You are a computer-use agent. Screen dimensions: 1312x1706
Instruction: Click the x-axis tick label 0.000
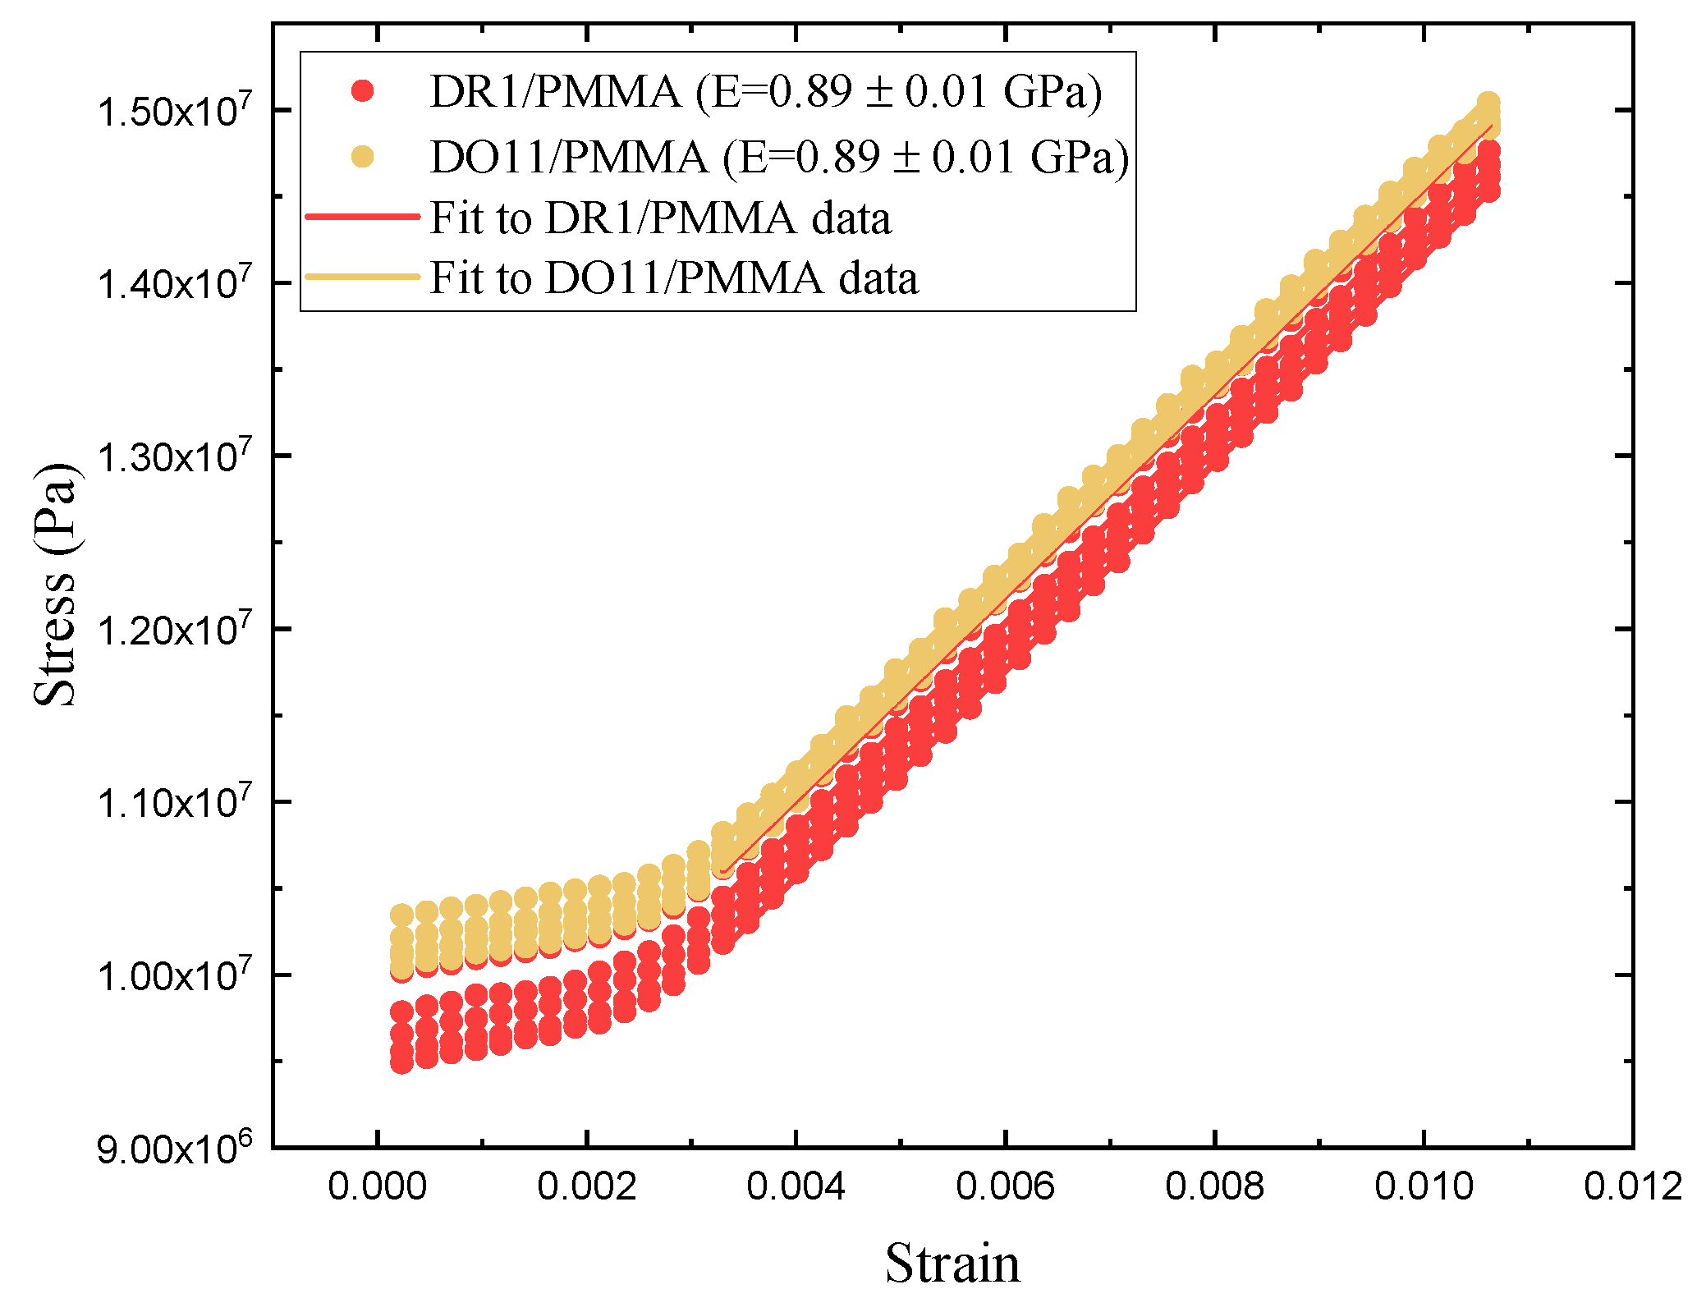377,1186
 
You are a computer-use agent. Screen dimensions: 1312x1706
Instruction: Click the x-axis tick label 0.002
586,1186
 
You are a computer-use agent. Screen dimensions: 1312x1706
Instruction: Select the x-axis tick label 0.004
796,1186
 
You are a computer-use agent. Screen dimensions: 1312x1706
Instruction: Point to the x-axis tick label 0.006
1005,1186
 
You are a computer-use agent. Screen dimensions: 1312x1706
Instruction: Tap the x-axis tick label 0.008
1214,1186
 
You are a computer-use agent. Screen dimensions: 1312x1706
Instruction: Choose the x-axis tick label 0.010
1424,1186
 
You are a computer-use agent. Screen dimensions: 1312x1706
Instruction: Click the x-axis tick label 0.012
1633,1186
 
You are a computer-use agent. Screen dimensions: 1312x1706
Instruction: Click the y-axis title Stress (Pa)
56,584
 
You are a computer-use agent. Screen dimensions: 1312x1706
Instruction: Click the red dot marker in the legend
362,90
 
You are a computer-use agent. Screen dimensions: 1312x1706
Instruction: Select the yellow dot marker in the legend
362,156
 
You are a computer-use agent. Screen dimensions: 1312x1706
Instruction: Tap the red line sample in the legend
362,217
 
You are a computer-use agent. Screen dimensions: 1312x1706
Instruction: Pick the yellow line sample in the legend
362,277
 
